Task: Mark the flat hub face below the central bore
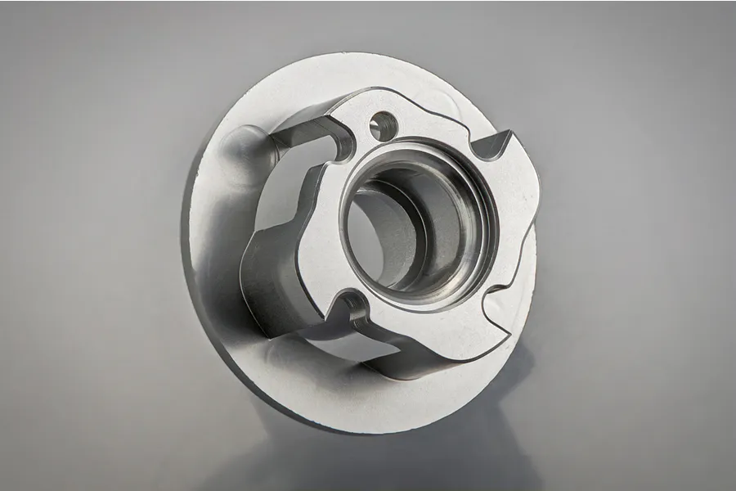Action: point(417,315)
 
